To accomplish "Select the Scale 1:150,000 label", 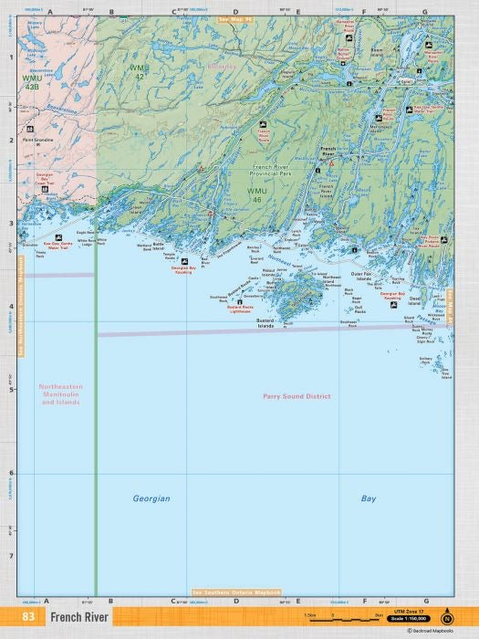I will (408, 619).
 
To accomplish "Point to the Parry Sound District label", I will (296, 396).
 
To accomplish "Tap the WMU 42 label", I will (137, 70).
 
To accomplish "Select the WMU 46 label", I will (257, 194).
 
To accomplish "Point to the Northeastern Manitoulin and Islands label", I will (60, 393).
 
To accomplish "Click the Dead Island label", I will (415, 299).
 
